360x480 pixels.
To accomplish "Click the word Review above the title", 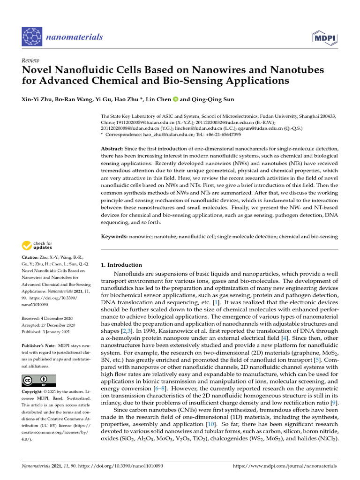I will [30, 61].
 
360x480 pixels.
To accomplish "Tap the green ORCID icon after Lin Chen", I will [175, 99].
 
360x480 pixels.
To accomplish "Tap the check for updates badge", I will [37, 246].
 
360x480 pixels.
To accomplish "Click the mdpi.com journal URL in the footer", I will [285, 466].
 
